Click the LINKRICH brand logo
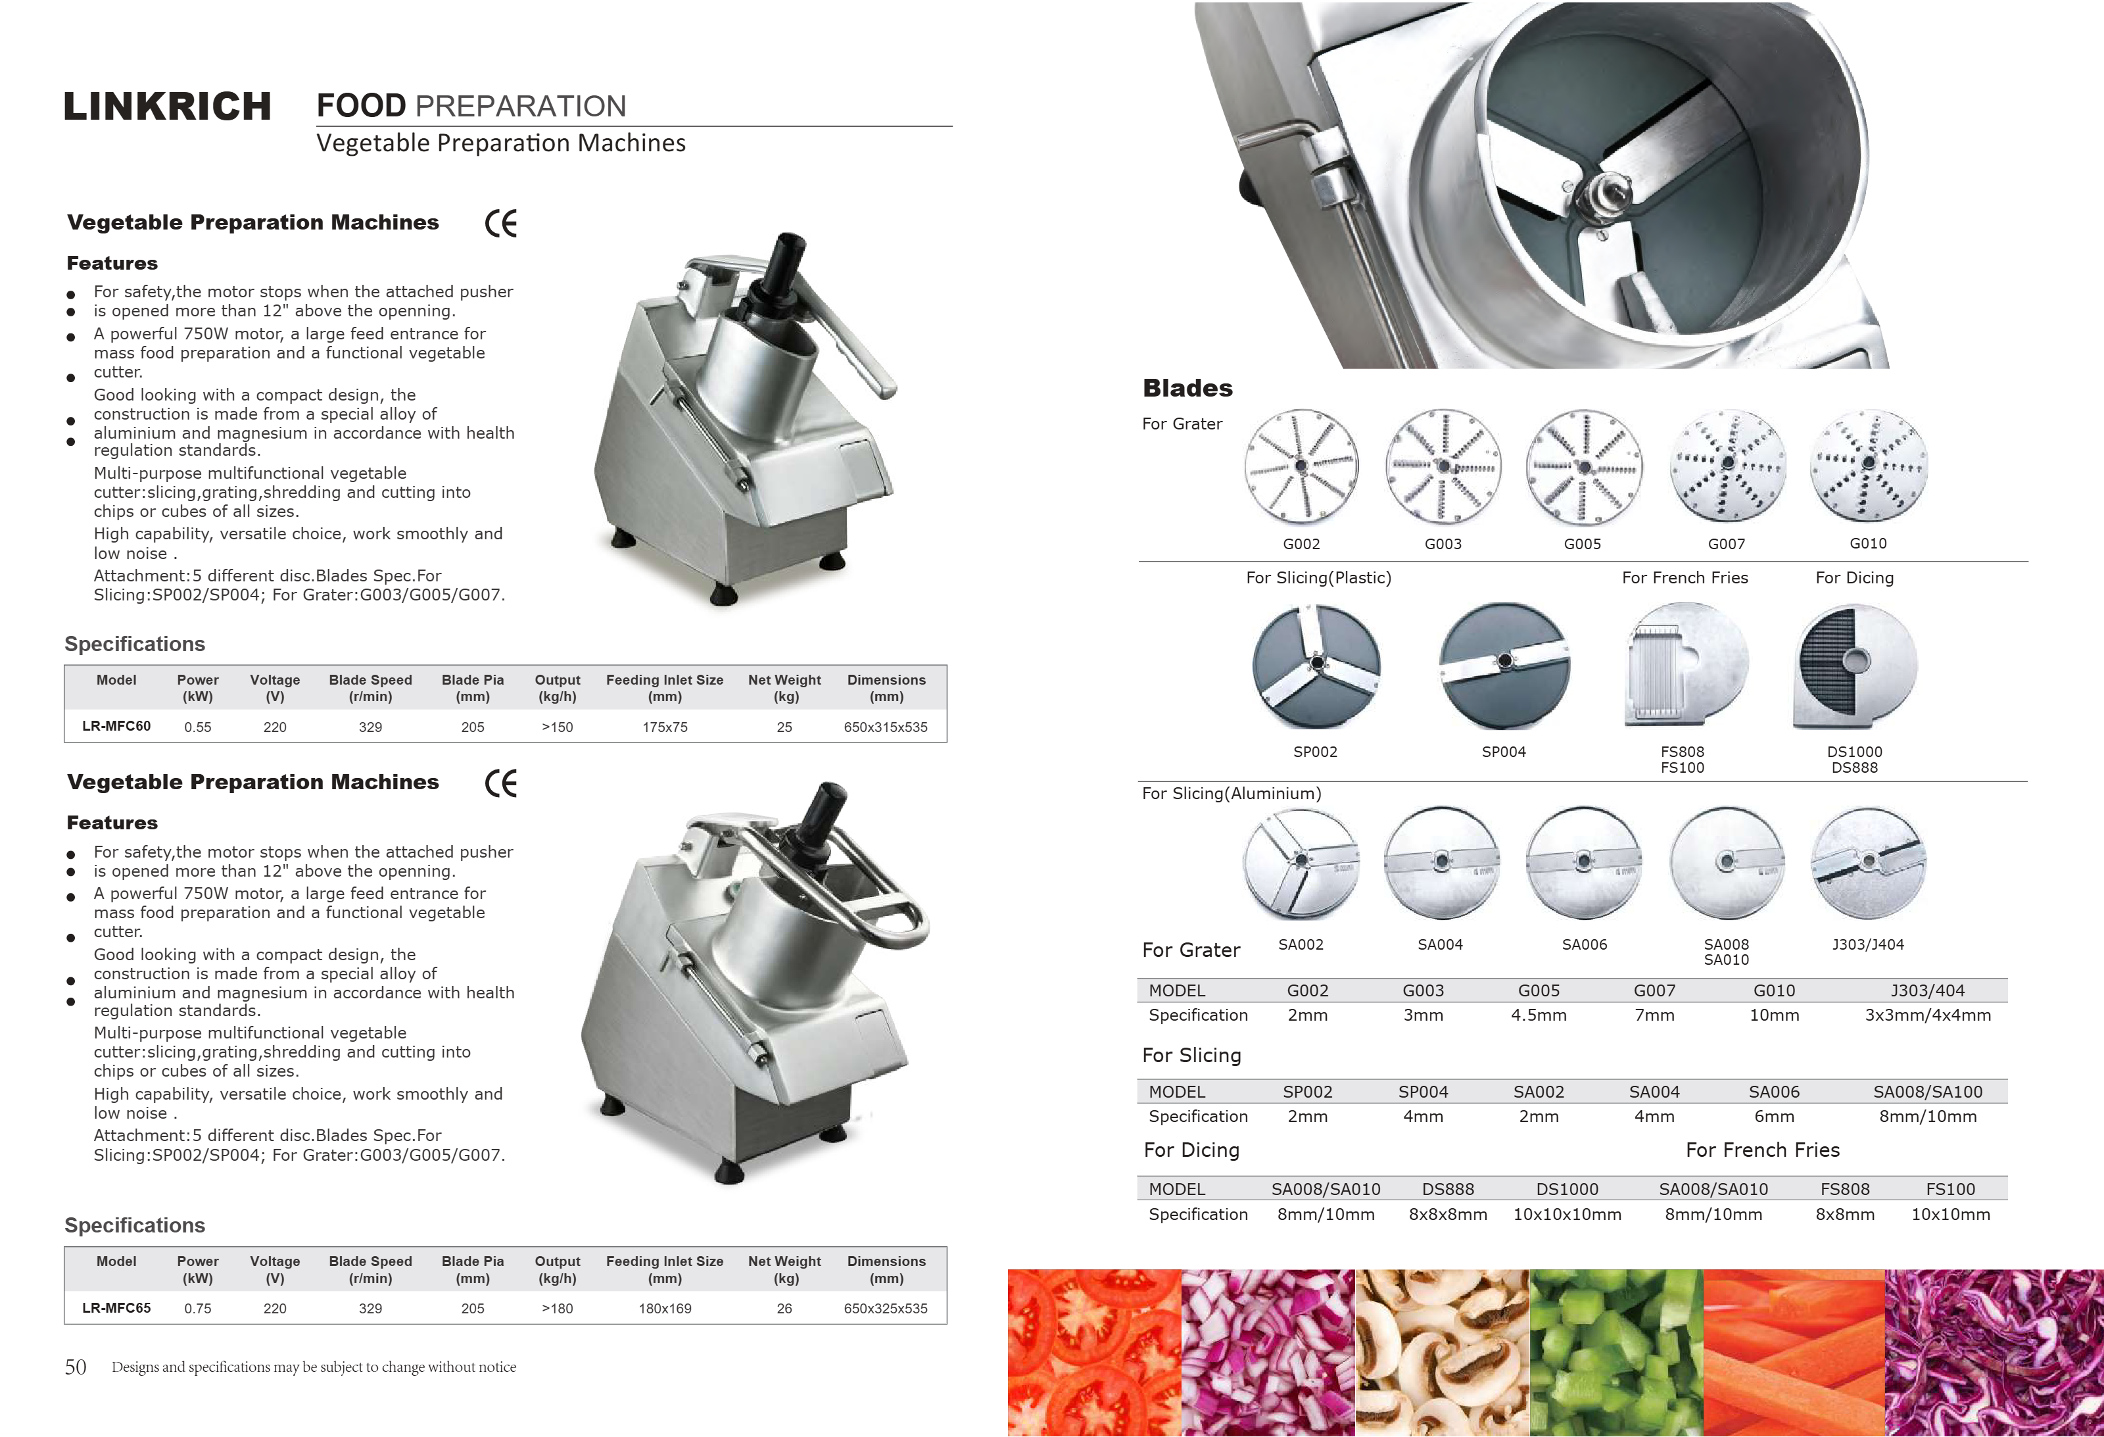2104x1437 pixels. click(168, 107)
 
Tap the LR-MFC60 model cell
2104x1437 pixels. click(117, 726)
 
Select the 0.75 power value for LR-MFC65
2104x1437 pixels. click(197, 1308)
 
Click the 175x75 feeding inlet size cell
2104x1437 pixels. click(665, 727)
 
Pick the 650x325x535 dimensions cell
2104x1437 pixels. click(886, 1308)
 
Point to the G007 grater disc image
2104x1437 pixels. click(1727, 466)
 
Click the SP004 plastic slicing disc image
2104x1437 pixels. click(1504, 666)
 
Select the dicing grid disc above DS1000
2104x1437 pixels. click(1855, 668)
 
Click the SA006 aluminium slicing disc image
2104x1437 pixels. click(1585, 863)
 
